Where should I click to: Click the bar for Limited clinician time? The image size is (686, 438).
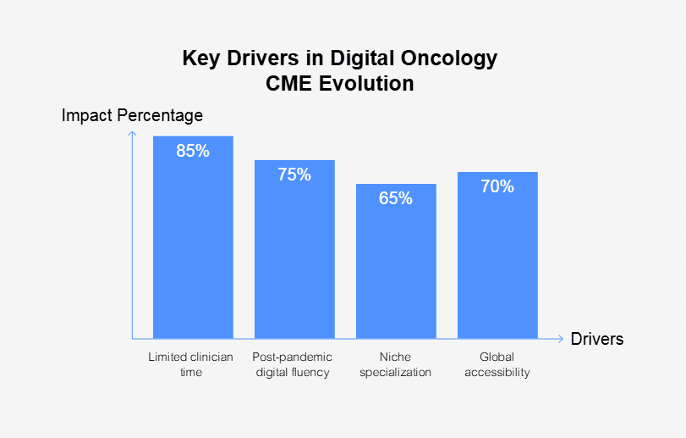(x=193, y=246)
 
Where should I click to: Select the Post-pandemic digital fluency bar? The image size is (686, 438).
(x=294, y=254)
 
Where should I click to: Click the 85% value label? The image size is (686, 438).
(x=193, y=151)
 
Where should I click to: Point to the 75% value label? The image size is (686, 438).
(x=294, y=175)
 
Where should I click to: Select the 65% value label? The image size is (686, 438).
(x=396, y=198)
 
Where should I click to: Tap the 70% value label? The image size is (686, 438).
(x=497, y=186)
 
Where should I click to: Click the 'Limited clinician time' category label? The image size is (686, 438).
(x=190, y=364)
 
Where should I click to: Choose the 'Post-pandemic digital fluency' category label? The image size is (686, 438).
(x=293, y=364)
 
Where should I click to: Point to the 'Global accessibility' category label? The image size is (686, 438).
(x=497, y=364)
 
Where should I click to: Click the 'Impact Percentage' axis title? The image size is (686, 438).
(x=132, y=115)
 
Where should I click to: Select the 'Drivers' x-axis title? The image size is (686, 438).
(x=597, y=339)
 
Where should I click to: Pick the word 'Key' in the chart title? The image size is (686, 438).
(x=200, y=59)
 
